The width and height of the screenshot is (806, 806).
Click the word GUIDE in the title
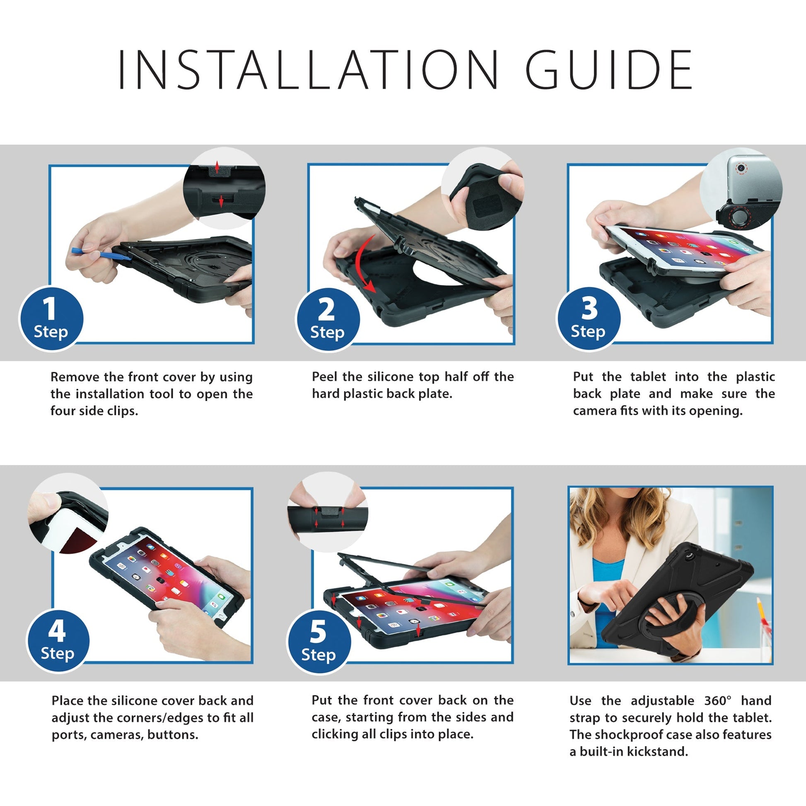609,69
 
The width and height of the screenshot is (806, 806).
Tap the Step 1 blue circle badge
51,319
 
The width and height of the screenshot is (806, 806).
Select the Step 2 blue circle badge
327,320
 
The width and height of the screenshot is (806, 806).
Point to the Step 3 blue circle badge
588,319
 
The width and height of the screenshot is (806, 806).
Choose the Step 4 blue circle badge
58,641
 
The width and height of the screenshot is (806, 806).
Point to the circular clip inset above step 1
224,188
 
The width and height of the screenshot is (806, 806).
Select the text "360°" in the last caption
717,700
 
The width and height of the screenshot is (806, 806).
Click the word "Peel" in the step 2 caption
325,377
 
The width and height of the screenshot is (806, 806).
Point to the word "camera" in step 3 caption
594,411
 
